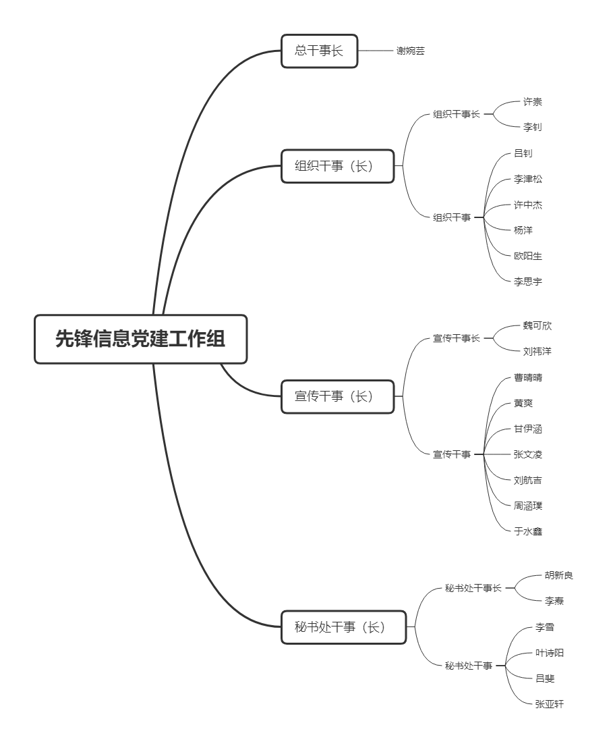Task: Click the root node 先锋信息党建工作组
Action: click(x=141, y=339)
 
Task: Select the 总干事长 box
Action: click(x=319, y=51)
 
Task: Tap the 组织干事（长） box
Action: click(x=337, y=165)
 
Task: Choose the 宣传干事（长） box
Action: click(x=337, y=396)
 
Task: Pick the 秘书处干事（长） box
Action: click(x=343, y=627)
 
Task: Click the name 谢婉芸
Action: click(x=410, y=51)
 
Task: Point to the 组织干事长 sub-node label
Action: click(x=456, y=114)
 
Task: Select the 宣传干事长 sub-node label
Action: click(x=456, y=338)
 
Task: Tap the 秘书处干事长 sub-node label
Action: click(x=473, y=588)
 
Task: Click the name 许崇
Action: click(x=532, y=102)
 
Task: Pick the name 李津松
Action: click(x=527, y=179)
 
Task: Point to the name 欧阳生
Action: click(x=527, y=256)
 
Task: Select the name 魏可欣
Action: click(x=537, y=325)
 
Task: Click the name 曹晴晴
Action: click(x=527, y=377)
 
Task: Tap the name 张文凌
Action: click(x=527, y=454)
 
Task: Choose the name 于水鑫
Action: click(x=527, y=531)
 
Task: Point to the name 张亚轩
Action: click(x=550, y=704)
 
